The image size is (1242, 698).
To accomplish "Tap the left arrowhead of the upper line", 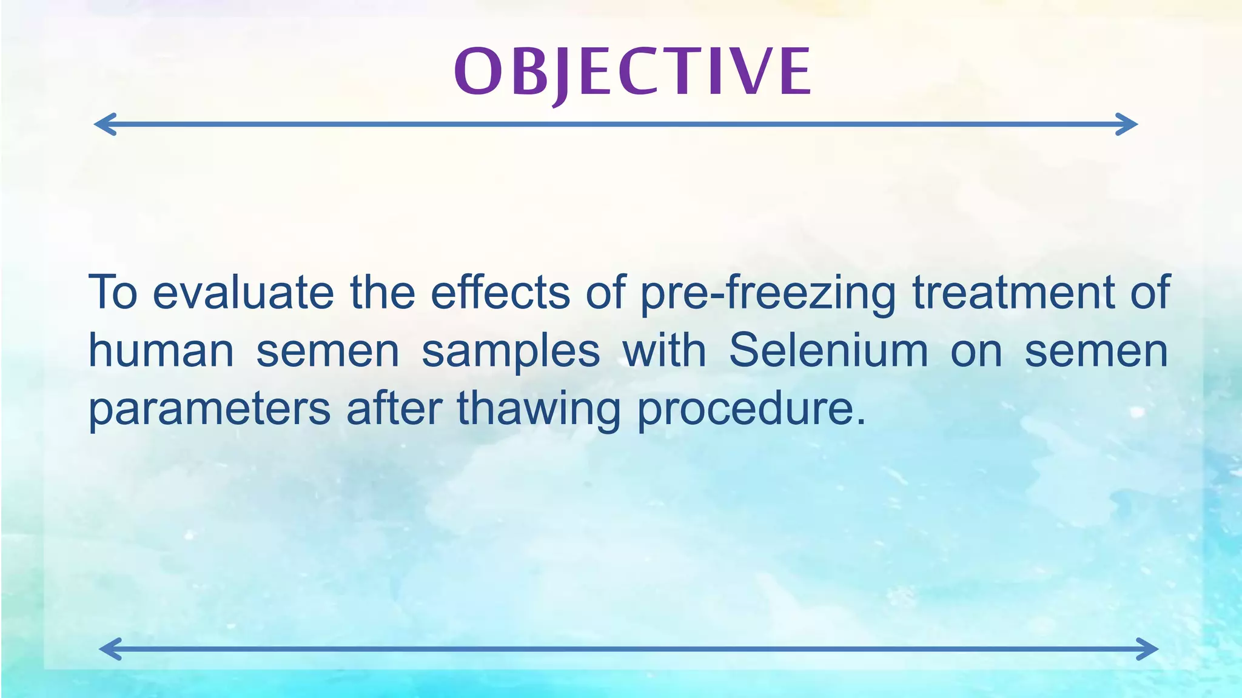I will (104, 124).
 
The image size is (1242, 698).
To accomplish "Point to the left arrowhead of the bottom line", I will (110, 649).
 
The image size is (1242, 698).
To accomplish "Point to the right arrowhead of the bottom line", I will (1147, 649).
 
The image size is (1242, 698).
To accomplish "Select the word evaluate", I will (243, 292).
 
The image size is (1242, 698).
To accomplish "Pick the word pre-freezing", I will (768, 293).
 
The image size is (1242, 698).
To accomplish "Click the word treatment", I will (1013, 292).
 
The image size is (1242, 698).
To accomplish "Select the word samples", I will (511, 351).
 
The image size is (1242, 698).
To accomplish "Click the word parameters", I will (210, 410).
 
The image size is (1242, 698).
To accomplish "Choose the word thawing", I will (539, 410).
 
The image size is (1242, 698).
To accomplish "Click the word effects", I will (500, 292).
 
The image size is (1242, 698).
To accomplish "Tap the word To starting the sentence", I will (113, 292).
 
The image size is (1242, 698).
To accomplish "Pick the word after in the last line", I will (394, 408).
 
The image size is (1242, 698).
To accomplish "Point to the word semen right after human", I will (327, 351).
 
